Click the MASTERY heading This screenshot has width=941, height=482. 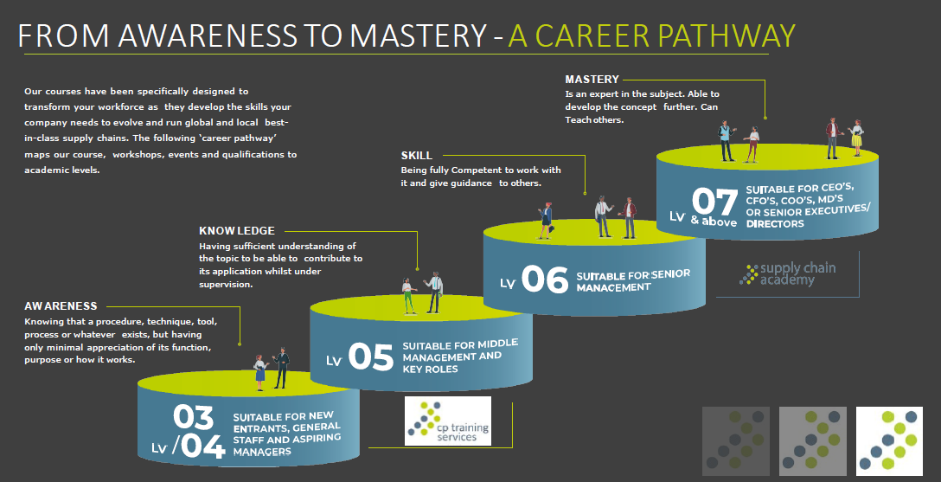coord(592,80)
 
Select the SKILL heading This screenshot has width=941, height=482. coord(416,156)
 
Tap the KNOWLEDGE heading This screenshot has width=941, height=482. coord(237,231)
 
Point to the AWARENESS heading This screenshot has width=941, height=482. coord(61,306)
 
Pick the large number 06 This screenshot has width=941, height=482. coord(544,280)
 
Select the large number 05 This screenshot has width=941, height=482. coord(370,357)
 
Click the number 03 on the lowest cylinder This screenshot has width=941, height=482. coord(193,417)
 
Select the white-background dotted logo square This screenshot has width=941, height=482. coord(889,440)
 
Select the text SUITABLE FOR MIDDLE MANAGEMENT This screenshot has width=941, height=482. coord(460,356)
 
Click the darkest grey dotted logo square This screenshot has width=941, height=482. coord(733,440)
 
